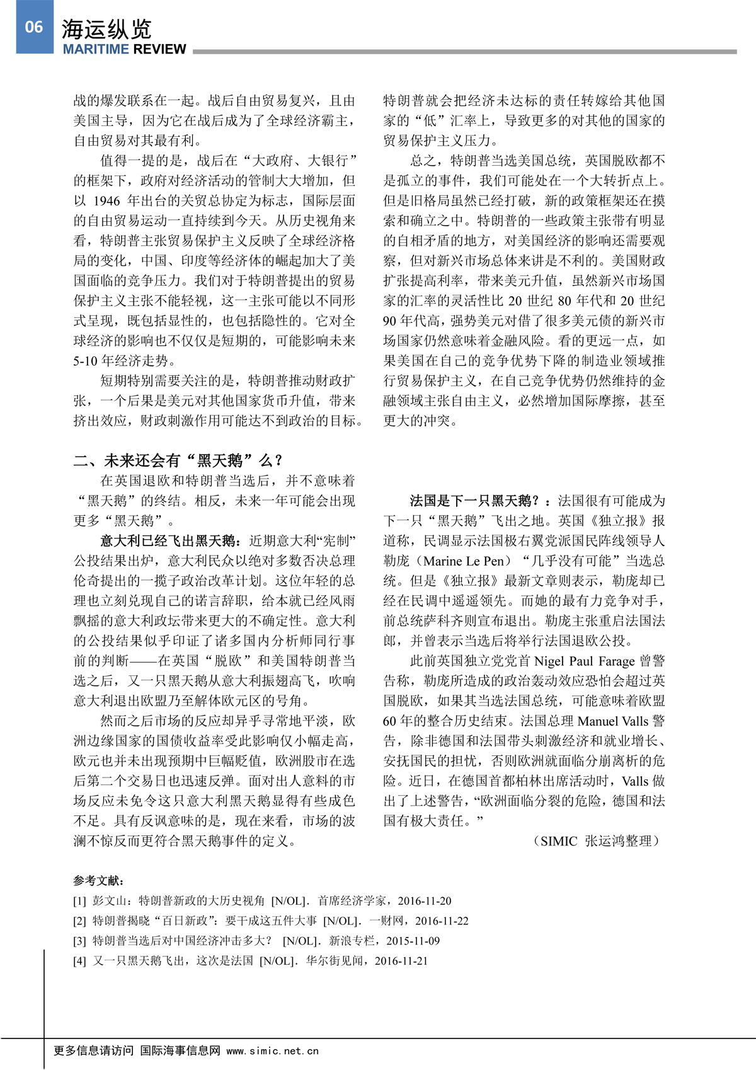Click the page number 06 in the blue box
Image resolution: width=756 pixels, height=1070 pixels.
click(34, 26)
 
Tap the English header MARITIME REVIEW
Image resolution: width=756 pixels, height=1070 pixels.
click(124, 49)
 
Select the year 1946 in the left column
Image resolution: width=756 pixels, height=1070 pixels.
click(106, 201)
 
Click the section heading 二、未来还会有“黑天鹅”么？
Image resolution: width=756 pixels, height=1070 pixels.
click(178, 460)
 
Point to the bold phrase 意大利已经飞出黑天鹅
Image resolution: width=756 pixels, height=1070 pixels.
click(169, 540)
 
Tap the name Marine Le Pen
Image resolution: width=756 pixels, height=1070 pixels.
click(466, 561)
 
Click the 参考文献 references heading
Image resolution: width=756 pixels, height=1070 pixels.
click(98, 881)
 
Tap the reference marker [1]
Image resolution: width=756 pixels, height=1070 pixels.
click(79, 901)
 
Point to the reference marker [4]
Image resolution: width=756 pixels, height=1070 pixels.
click(79, 961)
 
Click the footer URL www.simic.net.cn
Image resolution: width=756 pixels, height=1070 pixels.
click(272, 1050)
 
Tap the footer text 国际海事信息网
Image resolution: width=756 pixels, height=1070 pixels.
click(180, 1050)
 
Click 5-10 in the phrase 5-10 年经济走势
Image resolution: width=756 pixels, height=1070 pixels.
click(86, 361)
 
